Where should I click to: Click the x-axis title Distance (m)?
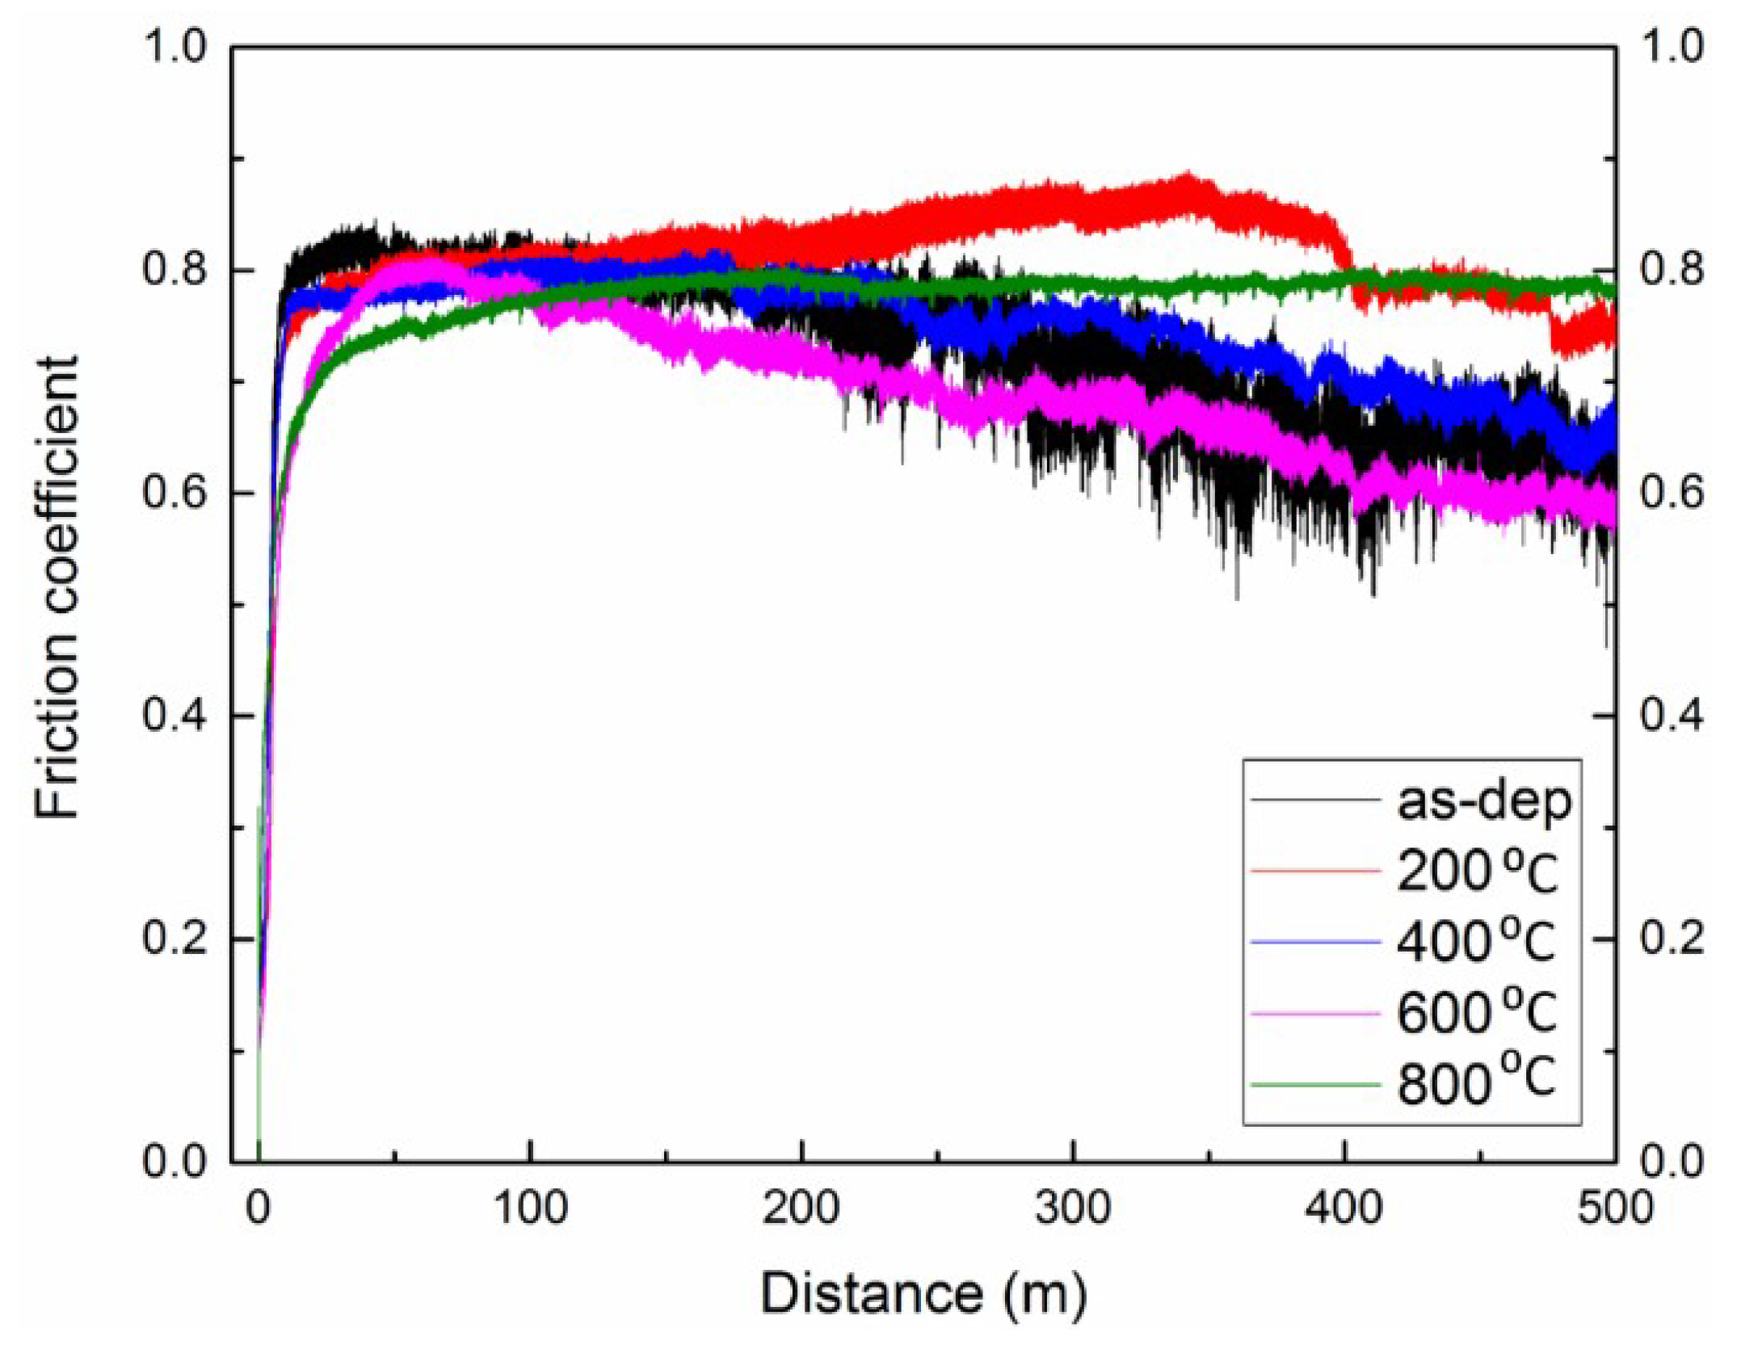point(923,1292)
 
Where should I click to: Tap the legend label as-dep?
point(1484,801)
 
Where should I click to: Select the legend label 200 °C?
point(1476,872)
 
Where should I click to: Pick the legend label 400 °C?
point(1476,942)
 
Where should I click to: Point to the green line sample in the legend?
point(1314,1085)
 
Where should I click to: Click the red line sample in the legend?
point(1314,871)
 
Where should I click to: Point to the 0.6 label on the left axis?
point(175,493)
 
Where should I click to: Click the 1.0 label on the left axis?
point(175,47)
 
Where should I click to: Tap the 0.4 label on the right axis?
point(1671,716)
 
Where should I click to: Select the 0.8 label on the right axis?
point(1671,269)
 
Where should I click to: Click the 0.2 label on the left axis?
point(175,939)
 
